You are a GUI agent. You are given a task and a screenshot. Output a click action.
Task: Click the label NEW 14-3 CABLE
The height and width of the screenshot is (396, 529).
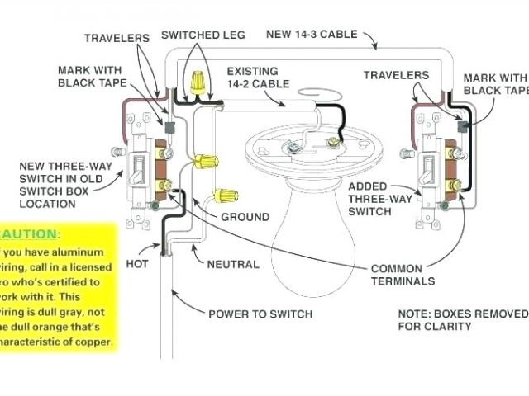[x=312, y=35]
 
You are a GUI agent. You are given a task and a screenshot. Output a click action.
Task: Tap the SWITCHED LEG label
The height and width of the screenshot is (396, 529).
[x=200, y=35]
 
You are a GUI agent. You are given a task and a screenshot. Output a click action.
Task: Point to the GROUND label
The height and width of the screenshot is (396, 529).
[x=245, y=217]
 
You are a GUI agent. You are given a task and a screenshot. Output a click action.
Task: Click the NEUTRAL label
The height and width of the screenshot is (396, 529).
[x=232, y=265]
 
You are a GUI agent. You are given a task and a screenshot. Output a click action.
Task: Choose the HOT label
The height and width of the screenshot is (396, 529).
[x=137, y=265]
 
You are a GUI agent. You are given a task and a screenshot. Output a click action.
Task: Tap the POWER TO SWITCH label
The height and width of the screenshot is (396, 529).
[x=260, y=313]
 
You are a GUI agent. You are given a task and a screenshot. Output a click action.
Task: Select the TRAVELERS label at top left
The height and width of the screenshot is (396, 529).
[x=117, y=38]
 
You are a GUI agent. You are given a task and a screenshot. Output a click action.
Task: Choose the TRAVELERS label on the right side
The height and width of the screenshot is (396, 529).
[x=396, y=75]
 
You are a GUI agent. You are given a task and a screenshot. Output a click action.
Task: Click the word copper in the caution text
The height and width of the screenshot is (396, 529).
[x=95, y=341]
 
